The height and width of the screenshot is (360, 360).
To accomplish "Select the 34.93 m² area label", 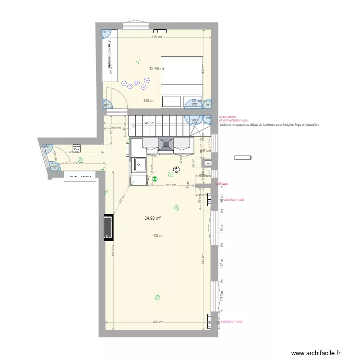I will pyautogui.click(x=152, y=218).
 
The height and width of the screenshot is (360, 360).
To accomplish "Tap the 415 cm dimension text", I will pyautogui.click(x=156, y=37).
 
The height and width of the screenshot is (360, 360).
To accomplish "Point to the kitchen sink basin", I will pyautogui.click(x=141, y=164).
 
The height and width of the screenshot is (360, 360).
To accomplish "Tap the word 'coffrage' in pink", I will pyautogui.click(x=221, y=184).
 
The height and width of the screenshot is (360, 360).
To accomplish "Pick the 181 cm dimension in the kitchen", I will pyautogui.click(x=170, y=185).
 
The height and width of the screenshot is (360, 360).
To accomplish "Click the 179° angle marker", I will pyautogui.click(x=194, y=104).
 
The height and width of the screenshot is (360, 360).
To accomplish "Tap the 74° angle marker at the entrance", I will pyautogui.click(x=48, y=146).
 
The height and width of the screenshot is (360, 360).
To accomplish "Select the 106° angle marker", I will pyautogui.click(x=54, y=168).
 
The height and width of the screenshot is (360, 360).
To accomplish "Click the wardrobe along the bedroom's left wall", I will pyautogui.click(x=110, y=61).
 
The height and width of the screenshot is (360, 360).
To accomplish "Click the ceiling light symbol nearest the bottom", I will pyautogui.click(x=158, y=298).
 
